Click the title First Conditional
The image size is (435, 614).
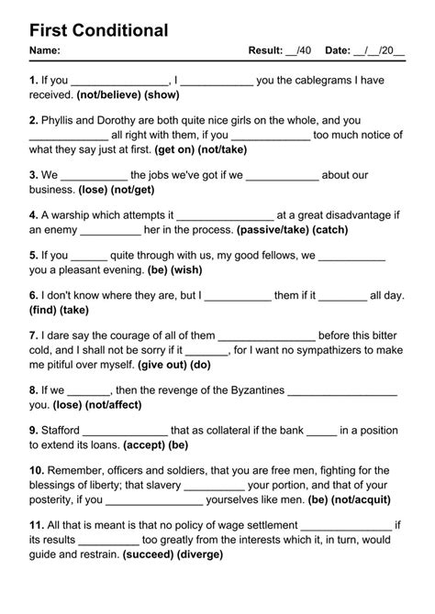tap(98, 30)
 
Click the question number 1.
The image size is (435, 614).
tap(33, 80)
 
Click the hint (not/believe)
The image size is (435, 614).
tap(107, 94)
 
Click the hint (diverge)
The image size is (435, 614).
tap(197, 554)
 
